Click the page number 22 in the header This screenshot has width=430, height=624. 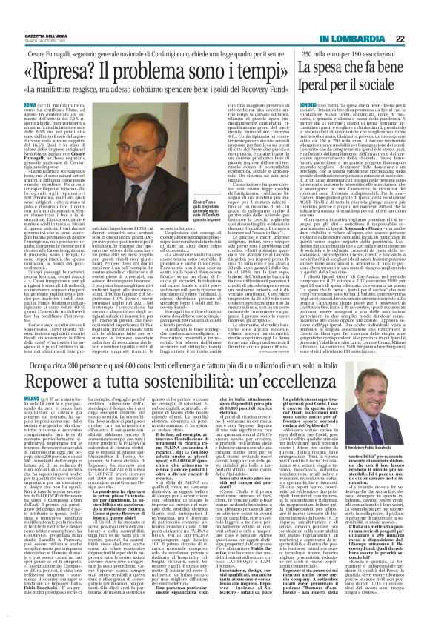tap(420, 18)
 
